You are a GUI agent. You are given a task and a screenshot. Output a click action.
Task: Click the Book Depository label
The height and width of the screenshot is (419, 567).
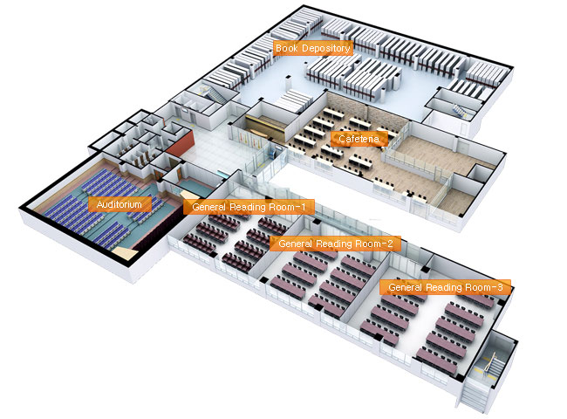(313, 49)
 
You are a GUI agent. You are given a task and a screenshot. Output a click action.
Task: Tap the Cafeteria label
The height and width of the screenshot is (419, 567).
(355, 138)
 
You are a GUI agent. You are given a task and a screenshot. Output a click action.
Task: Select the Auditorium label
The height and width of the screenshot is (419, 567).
(120, 204)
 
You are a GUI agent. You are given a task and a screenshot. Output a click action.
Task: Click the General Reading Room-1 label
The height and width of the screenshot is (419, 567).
(249, 207)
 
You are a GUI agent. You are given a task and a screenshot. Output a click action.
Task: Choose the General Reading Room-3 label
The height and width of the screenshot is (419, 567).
(445, 286)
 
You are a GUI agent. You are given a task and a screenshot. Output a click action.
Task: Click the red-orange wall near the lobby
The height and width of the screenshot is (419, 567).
(178, 144)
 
